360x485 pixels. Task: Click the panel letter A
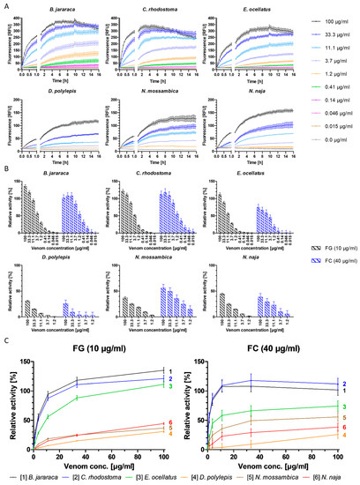(x=4, y=4)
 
